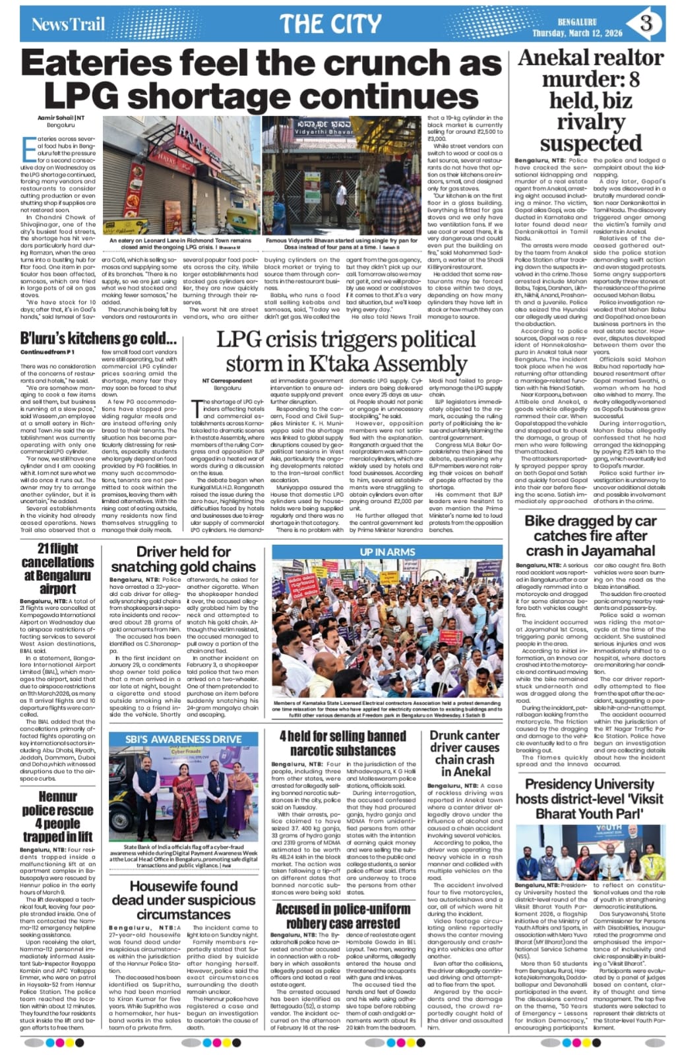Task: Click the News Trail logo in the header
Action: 69,24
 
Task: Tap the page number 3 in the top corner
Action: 646,23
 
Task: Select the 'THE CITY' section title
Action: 330,24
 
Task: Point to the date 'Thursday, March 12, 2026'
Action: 577,32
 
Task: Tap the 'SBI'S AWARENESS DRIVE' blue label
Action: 183,739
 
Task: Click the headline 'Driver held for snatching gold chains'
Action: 183,559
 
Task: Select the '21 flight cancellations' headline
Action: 57,568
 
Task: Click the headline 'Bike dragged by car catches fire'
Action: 590,535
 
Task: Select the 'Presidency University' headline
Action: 590,799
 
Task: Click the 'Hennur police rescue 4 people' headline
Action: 57,816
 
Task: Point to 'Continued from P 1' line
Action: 47,353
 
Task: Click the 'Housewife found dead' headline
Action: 183,900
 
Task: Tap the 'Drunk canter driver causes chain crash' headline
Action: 464,752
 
